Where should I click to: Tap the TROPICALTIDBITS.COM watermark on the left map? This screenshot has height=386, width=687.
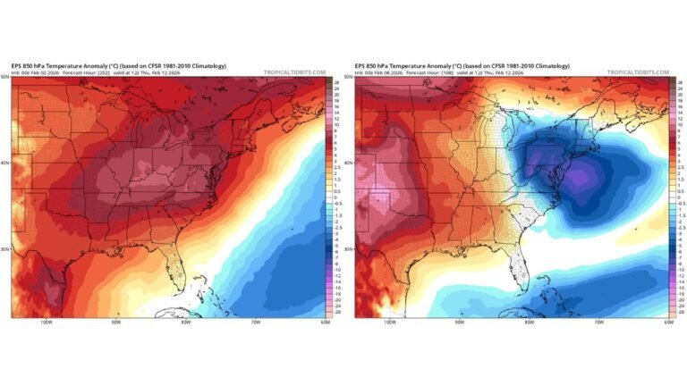(x=294, y=72)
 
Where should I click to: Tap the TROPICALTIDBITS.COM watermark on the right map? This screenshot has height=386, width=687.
(x=639, y=72)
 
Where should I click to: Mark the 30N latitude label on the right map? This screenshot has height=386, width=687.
(x=350, y=249)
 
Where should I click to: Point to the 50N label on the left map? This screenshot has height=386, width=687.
(x=5, y=78)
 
